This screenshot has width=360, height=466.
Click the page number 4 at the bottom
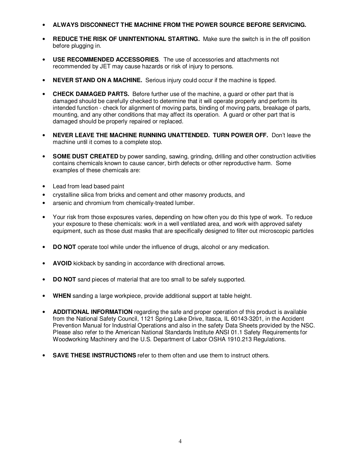coord(180,441)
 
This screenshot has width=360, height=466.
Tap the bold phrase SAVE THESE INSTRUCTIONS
coord(94,355)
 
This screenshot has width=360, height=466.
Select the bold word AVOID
coord(62,263)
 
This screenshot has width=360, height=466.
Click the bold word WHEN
coord(62,296)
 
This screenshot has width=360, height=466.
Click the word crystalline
coord(65,195)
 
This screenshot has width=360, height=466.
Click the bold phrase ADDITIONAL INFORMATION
coord(93,312)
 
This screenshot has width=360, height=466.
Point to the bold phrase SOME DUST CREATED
coord(86,156)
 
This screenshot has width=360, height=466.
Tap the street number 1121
coord(148,319)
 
